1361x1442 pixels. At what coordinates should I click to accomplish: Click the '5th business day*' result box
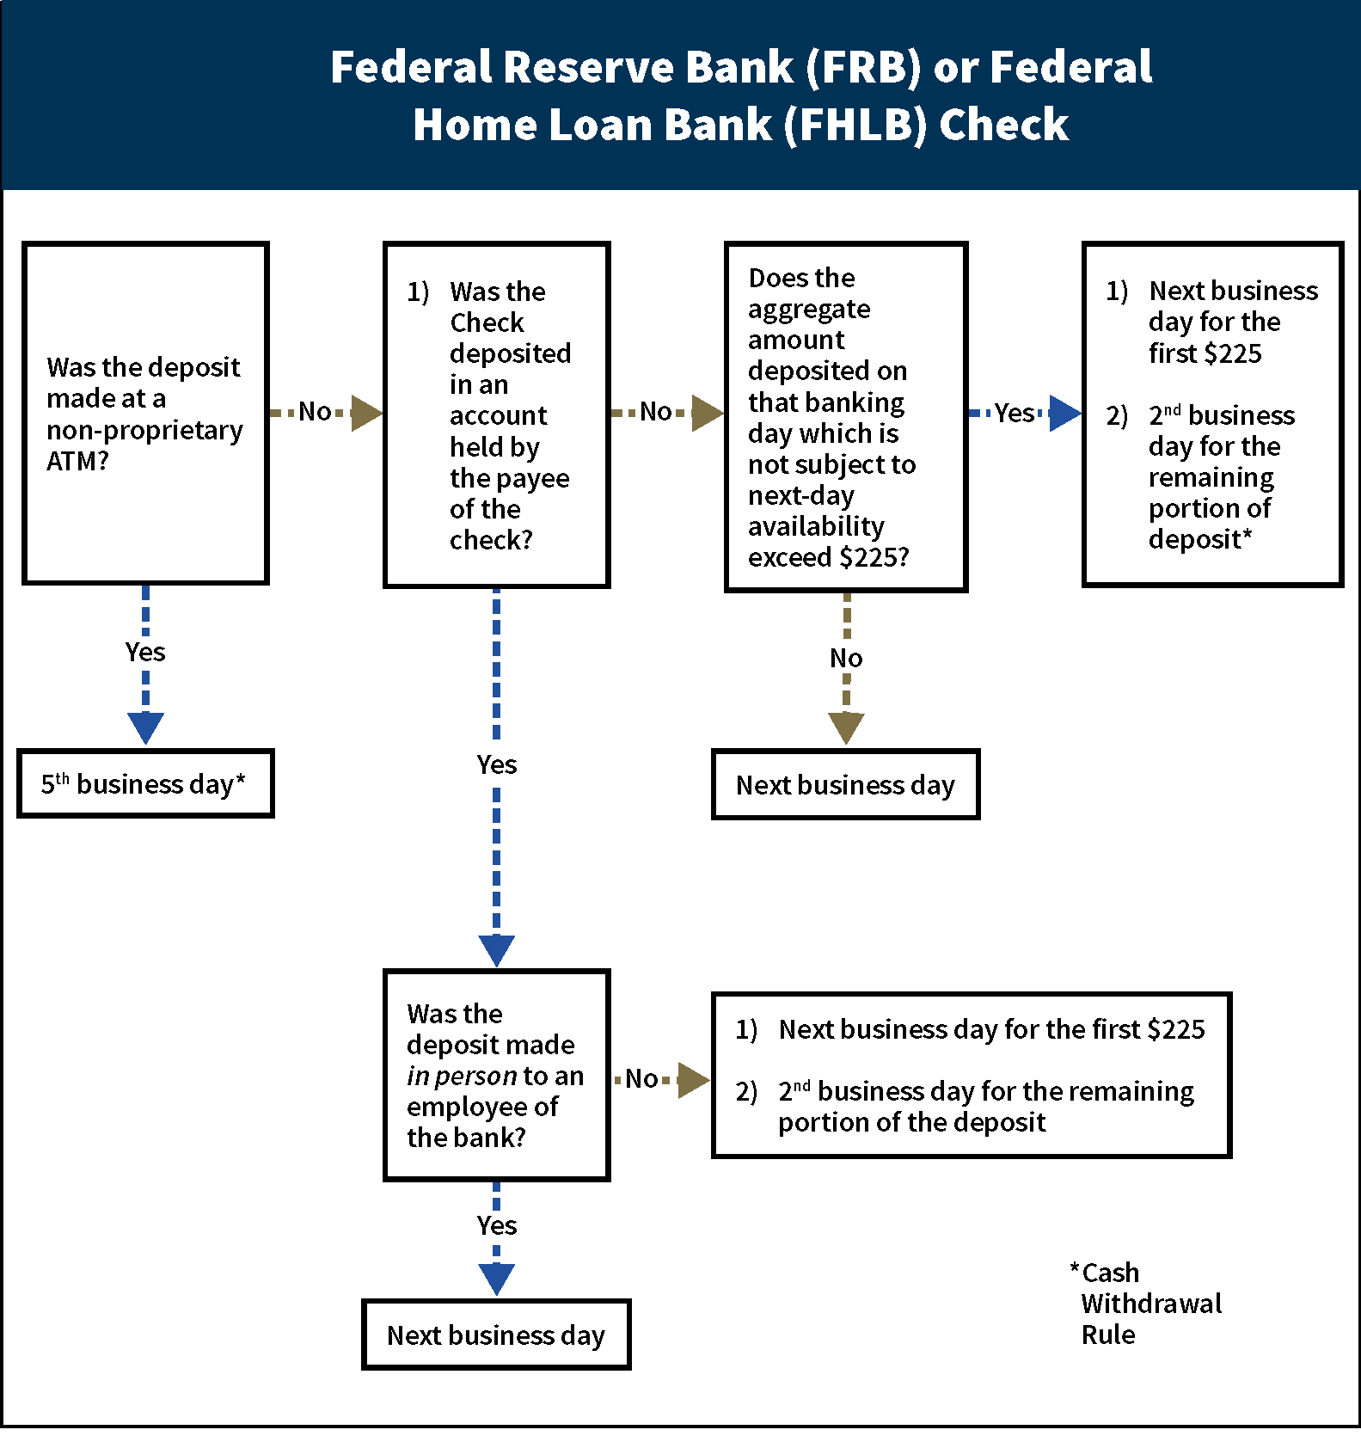pyautogui.click(x=145, y=783)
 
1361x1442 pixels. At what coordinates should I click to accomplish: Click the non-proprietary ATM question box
pyautogui.click(x=145, y=414)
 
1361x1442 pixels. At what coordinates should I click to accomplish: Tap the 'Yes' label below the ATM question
pyautogui.click(x=145, y=652)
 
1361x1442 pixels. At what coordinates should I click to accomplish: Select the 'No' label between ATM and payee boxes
pyautogui.click(x=315, y=412)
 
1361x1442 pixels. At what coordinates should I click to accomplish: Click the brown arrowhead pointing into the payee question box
pyautogui.click(x=366, y=413)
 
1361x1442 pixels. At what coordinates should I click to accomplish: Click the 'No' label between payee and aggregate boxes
pyautogui.click(x=656, y=412)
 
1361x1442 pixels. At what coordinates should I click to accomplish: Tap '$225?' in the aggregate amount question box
pyautogui.click(x=874, y=557)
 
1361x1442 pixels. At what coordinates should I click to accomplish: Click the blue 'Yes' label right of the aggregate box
pyautogui.click(x=1015, y=413)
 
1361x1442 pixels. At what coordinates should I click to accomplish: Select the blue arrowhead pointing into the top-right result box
pyautogui.click(x=1064, y=413)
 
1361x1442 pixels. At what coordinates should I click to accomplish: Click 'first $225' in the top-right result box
pyautogui.click(x=1205, y=353)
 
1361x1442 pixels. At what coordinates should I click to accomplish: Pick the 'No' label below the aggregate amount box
pyautogui.click(x=846, y=658)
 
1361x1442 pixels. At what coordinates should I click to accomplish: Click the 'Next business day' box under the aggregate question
pyautogui.click(x=845, y=784)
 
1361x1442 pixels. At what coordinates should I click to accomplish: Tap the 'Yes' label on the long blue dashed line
pyautogui.click(x=497, y=764)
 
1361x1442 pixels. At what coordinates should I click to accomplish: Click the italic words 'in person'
pyautogui.click(x=462, y=1076)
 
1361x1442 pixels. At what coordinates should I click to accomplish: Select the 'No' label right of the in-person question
pyautogui.click(x=641, y=1078)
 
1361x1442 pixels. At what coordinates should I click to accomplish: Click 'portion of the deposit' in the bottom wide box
pyautogui.click(x=911, y=1122)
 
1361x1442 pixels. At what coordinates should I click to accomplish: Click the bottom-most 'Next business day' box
pyautogui.click(x=496, y=1335)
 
